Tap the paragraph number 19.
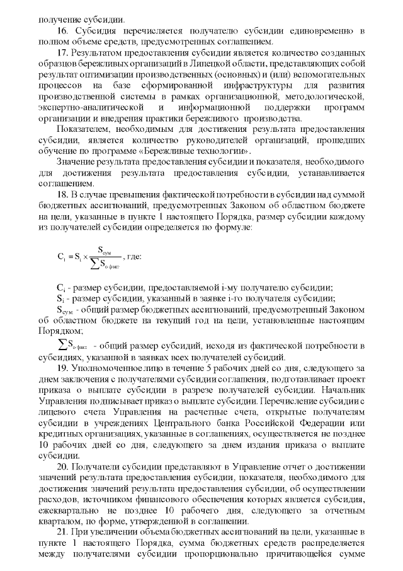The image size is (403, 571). coord(62,367)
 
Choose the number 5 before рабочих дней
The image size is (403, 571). coord(208,367)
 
